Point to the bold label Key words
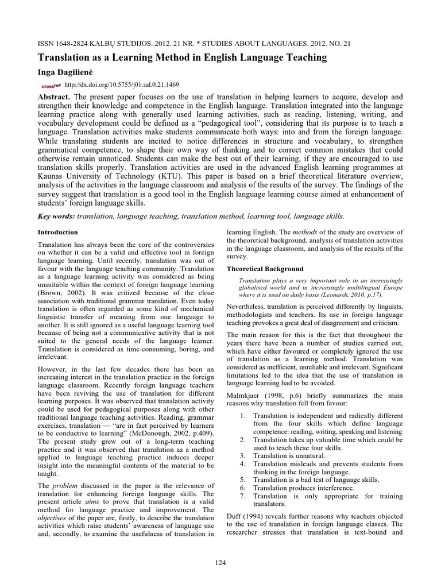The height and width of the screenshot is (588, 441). [x=55, y=216]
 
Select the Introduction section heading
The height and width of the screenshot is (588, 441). [x=57, y=232]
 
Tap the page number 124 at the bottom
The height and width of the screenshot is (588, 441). [x=220, y=563]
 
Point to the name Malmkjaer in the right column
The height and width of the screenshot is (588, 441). [x=246, y=396]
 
